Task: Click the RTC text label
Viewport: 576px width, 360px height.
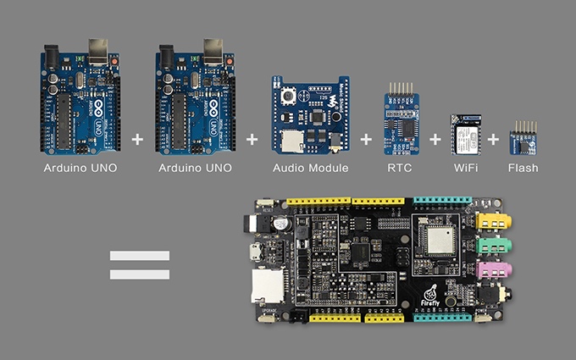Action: tap(398, 168)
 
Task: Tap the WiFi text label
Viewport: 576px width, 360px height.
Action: tap(464, 168)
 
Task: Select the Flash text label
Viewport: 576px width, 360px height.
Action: tap(523, 168)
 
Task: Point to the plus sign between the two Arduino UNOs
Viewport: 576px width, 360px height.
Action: tap(138, 137)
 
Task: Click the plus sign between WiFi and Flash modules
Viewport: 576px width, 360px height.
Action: tap(493, 137)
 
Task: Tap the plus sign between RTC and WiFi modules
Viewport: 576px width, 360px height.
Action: tap(435, 137)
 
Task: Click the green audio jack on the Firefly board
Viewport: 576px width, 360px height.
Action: tap(491, 246)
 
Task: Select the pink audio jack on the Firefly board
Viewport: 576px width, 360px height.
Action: tap(491, 271)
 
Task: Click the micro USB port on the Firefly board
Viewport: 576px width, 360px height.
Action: tap(252, 252)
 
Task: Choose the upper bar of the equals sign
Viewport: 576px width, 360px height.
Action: tap(140, 255)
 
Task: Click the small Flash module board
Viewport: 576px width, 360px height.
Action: tap(523, 141)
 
